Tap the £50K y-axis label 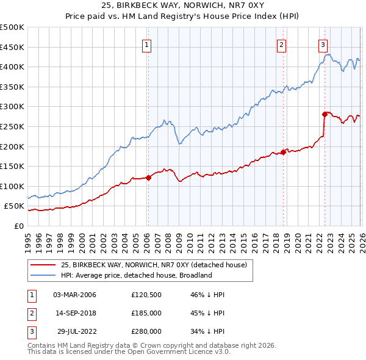click(14, 206)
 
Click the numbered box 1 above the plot click(148, 44)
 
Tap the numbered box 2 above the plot click(281, 44)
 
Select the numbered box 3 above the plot click(323, 44)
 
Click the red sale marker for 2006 click(148, 178)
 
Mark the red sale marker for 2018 click(284, 153)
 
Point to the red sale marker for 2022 click(325, 114)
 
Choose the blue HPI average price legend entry click(136, 275)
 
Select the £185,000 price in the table click(146, 313)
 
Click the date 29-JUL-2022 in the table click(74, 331)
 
